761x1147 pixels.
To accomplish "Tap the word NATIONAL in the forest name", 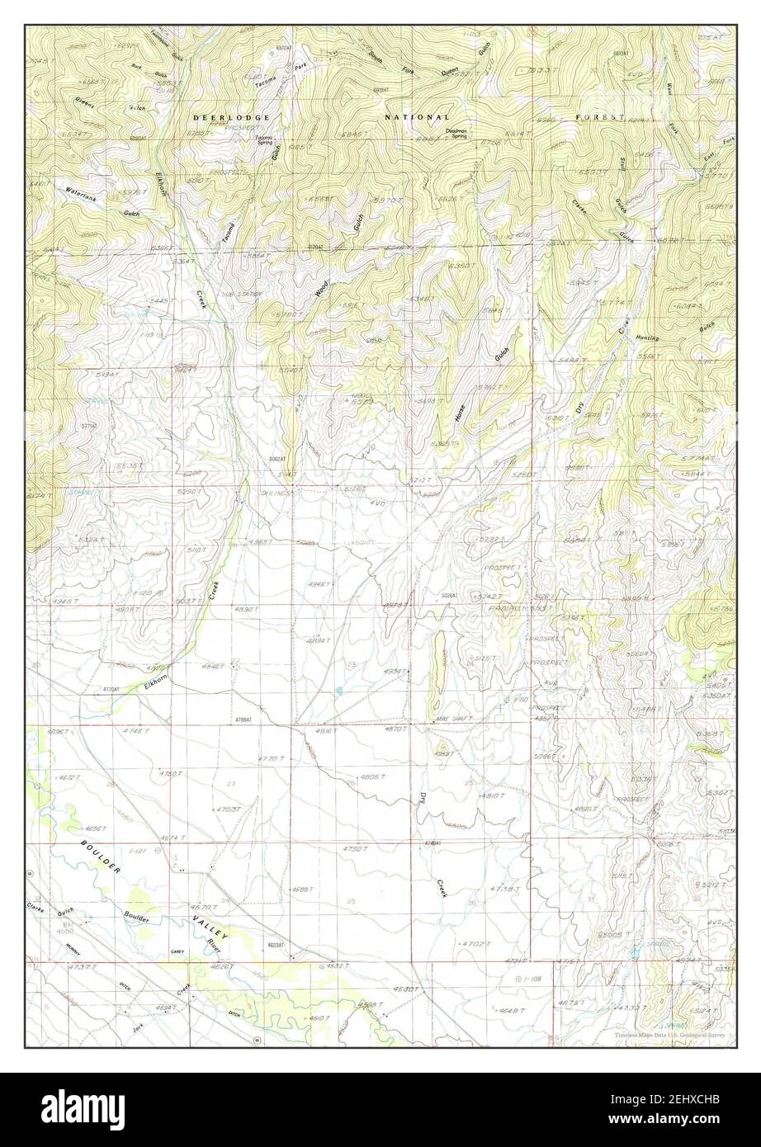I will point(417,118).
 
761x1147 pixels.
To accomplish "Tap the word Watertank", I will point(81,191).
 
